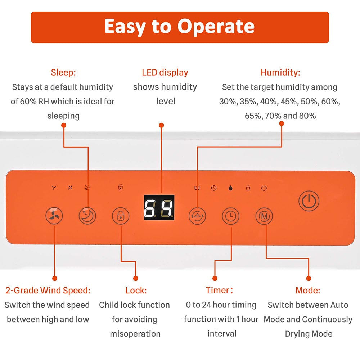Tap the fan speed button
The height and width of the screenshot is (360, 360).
click(54, 216)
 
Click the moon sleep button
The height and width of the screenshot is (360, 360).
click(87, 216)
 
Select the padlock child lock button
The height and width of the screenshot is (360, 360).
click(121, 216)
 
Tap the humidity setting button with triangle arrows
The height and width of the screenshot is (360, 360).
click(197, 216)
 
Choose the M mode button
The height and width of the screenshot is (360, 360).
click(264, 216)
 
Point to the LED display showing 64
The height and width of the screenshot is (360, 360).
click(159, 207)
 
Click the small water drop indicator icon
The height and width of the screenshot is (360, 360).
click(230, 188)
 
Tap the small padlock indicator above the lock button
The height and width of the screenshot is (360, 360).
click(121, 187)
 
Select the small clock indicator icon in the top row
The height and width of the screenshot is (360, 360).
click(214, 188)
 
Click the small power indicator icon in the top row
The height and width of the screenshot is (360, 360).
click(264, 188)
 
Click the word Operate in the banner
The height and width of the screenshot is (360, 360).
click(216, 27)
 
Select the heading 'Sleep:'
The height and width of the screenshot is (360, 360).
click(63, 73)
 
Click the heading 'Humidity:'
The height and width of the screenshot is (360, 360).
click(280, 73)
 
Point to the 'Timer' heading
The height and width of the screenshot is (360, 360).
click(219, 290)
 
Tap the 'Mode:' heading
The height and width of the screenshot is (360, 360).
click(308, 291)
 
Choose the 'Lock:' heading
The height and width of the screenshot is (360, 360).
click(136, 291)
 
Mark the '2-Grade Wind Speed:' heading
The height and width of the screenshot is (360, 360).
click(48, 291)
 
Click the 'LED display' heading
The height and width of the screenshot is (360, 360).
click(165, 73)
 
